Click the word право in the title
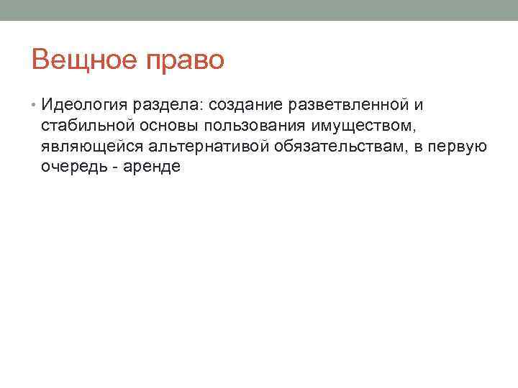[x=186, y=60]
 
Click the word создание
[x=245, y=107]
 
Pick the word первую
[x=460, y=147]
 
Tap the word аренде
[x=154, y=167]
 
